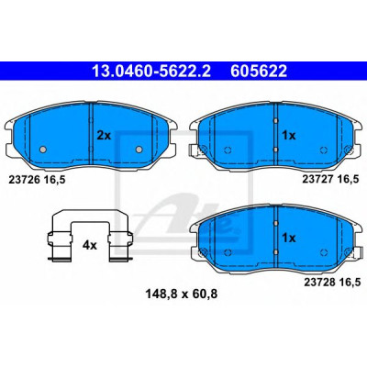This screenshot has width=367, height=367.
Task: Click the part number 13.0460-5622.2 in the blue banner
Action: point(151,72)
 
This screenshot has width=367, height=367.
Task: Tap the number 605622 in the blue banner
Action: point(259,72)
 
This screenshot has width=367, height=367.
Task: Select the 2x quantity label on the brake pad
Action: point(104,135)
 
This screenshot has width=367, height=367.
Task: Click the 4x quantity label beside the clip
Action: point(90,245)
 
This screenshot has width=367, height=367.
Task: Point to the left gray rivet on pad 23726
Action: point(43,150)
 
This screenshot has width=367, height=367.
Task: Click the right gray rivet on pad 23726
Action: point(139,150)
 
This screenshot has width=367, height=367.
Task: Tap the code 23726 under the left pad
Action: point(24,180)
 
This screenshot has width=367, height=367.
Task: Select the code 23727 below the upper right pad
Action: point(317,180)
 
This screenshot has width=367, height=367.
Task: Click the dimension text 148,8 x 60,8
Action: point(182,295)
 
